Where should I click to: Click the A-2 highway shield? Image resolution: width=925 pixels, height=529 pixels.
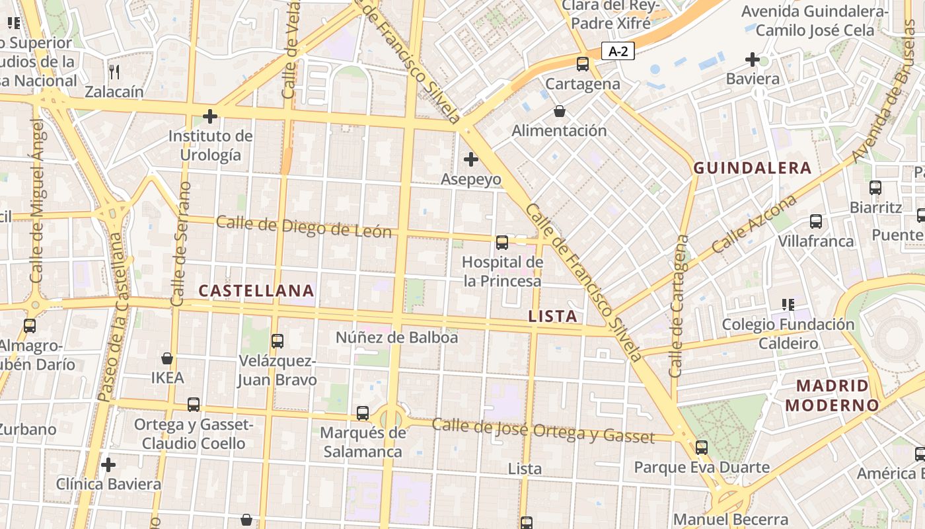[x=618, y=51]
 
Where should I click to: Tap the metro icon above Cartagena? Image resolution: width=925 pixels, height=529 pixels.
[x=582, y=64]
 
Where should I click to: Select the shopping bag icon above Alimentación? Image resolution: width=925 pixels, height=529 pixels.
[x=560, y=110]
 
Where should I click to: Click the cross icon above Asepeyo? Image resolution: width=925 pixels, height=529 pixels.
[x=470, y=159]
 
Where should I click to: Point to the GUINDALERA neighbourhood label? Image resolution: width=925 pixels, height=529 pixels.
[x=752, y=168]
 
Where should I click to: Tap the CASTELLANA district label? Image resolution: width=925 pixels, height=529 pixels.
[x=256, y=290]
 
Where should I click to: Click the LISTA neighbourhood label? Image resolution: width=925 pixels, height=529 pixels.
[x=553, y=316]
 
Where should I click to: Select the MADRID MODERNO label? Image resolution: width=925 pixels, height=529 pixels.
[x=832, y=395]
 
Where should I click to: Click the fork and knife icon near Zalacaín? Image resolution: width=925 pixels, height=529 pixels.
[x=114, y=71]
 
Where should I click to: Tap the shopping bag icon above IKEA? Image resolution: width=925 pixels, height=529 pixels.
[x=167, y=358]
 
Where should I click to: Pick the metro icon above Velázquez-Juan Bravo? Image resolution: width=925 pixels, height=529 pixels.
[x=277, y=341]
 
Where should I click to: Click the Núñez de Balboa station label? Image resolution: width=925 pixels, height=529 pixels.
[x=396, y=337]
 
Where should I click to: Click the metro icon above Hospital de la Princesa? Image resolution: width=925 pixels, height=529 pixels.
[x=502, y=243]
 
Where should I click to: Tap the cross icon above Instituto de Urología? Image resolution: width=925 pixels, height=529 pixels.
[x=210, y=117]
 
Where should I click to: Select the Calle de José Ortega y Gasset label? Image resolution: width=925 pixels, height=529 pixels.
[x=543, y=430]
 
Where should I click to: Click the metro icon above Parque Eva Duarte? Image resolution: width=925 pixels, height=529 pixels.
[x=702, y=448]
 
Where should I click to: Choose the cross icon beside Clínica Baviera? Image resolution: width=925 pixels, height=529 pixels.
[x=108, y=465]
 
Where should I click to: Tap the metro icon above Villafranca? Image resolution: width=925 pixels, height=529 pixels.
[x=816, y=222]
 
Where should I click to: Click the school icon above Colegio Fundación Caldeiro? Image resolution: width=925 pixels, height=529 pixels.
[x=788, y=305]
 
